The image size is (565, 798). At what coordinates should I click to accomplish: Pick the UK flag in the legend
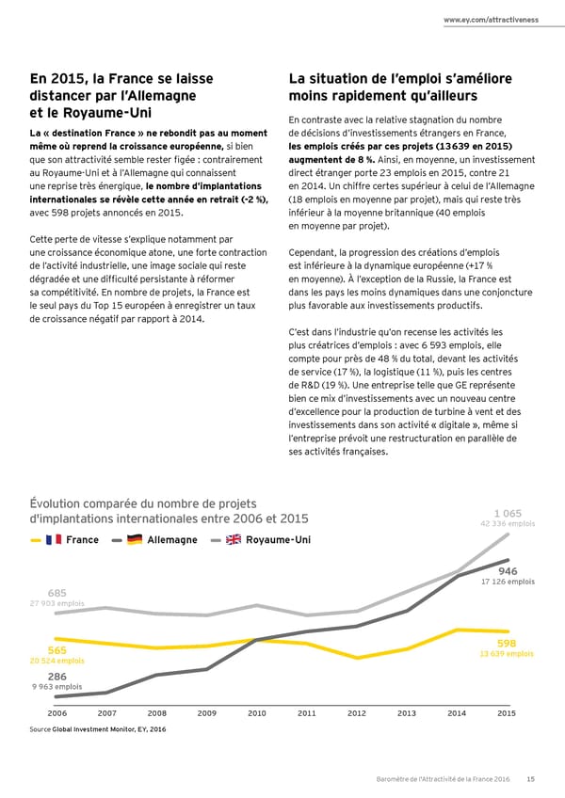[x=233, y=539]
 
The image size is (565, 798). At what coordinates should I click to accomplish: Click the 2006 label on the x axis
[x=56, y=713]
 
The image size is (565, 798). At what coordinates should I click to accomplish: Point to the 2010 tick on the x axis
[x=256, y=713]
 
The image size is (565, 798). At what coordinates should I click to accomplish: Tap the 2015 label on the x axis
[x=507, y=713]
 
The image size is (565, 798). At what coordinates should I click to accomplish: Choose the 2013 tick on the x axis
[x=407, y=713]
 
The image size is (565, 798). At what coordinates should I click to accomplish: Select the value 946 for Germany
[x=508, y=570]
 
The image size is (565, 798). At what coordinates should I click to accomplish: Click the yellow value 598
[x=507, y=643]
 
